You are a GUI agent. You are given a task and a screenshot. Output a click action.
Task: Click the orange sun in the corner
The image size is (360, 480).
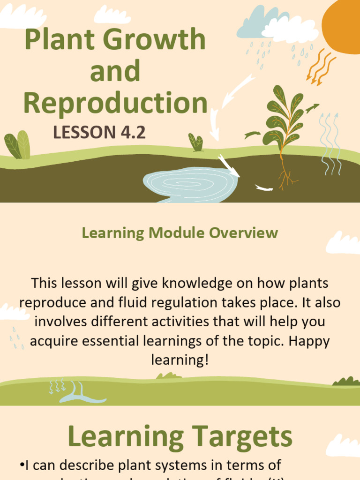pos(345,23)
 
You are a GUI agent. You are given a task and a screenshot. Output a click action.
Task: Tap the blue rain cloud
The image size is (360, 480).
pos(255,26)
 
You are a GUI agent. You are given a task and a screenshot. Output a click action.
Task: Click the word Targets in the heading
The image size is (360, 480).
pos(239,436)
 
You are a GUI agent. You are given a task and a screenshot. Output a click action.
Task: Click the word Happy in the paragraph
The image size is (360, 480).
pos(309,341)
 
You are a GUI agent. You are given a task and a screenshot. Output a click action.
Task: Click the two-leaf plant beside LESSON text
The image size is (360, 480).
pos(18,145)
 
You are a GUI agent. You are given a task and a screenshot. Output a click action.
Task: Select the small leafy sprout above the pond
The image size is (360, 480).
pos(196,142)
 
